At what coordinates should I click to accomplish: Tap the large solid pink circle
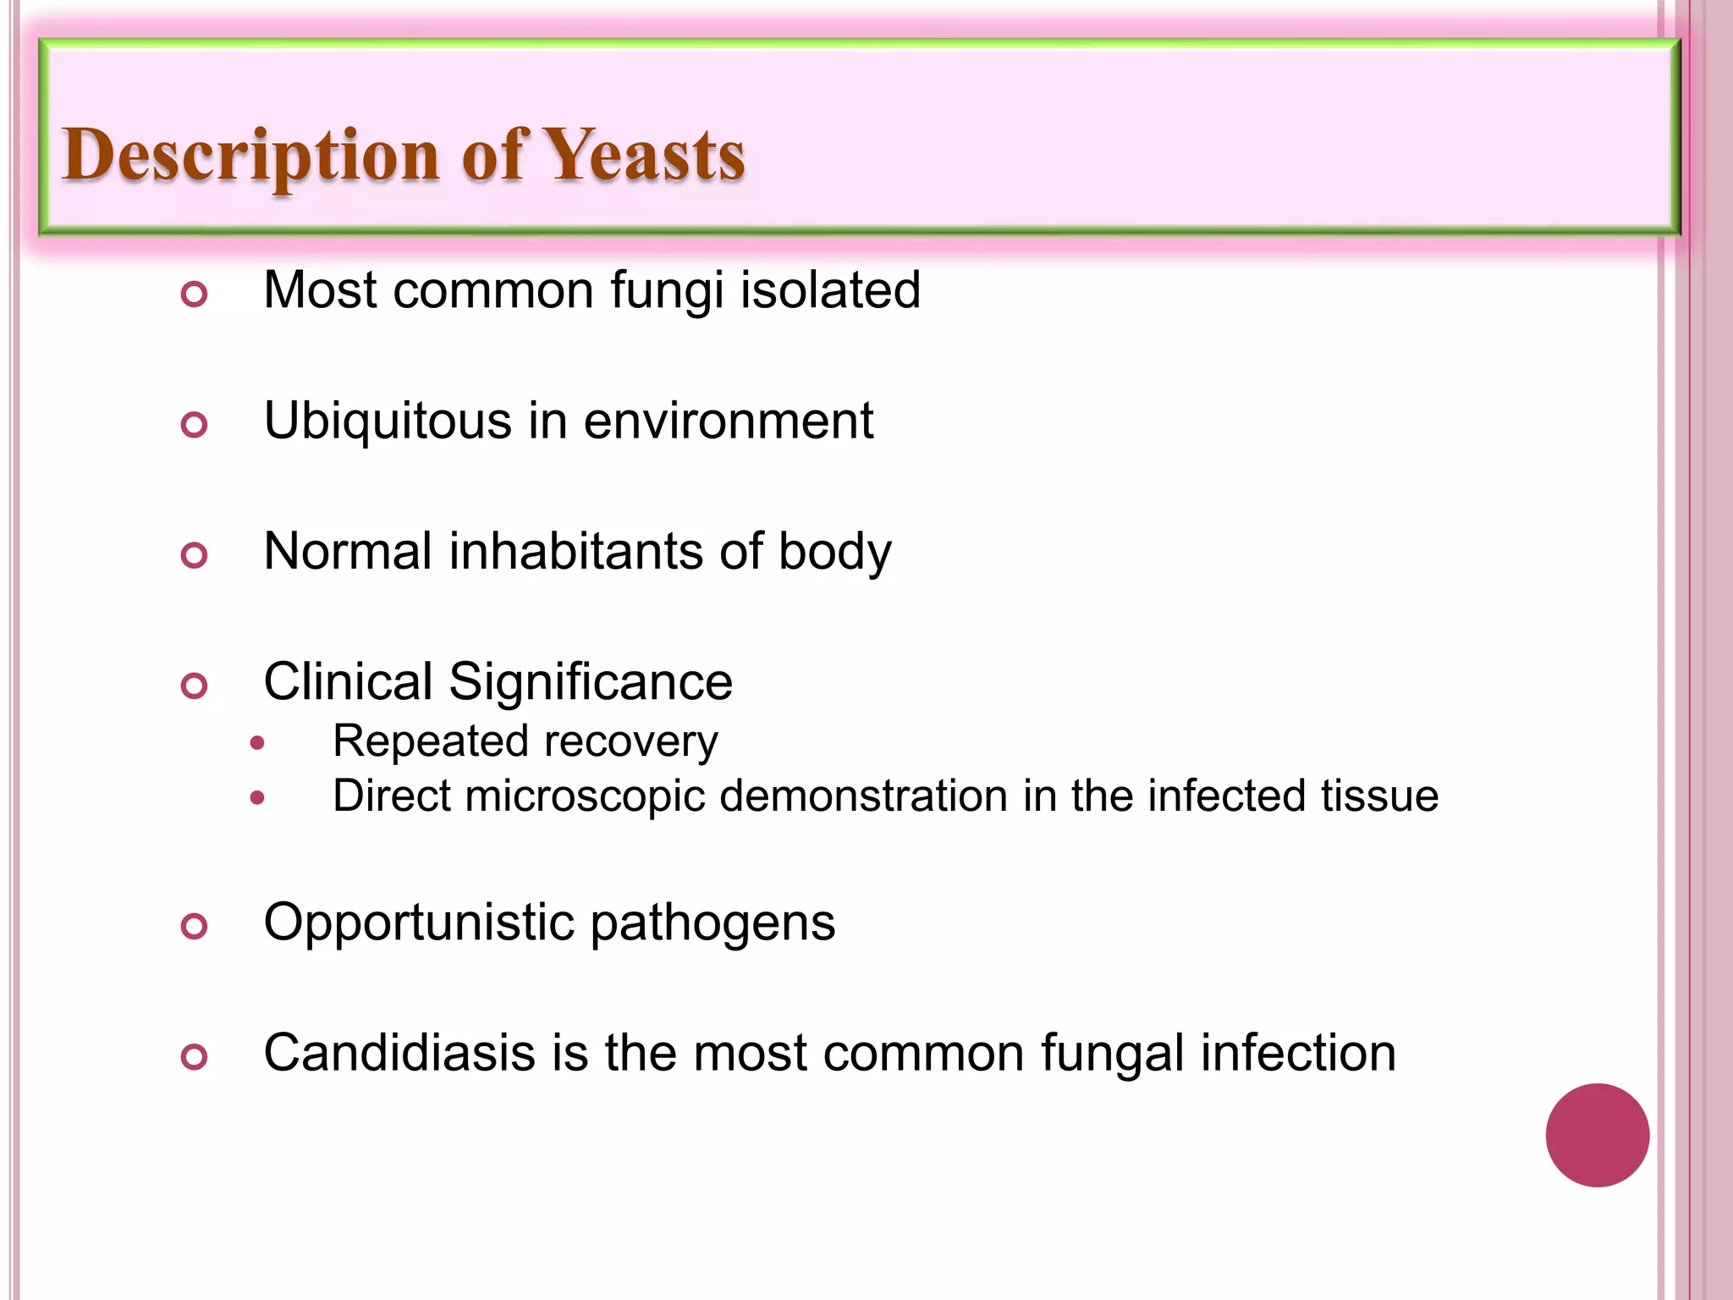click(x=1597, y=1135)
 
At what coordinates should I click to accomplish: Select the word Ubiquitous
click(x=388, y=421)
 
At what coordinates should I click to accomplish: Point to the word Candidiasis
click(x=399, y=1053)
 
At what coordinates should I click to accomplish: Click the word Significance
click(x=591, y=681)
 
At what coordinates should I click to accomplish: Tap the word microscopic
click(x=584, y=796)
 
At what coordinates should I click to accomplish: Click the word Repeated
click(x=430, y=741)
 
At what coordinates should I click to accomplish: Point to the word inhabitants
click(x=575, y=551)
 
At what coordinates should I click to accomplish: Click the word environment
click(x=728, y=421)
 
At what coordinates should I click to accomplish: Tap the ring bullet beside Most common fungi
click(x=195, y=295)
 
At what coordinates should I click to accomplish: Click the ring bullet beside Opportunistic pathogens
click(x=195, y=927)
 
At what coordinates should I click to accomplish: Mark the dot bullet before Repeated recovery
click(x=258, y=744)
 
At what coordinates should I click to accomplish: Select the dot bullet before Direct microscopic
click(x=258, y=798)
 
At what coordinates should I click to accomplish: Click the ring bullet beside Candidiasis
click(x=195, y=1057)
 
